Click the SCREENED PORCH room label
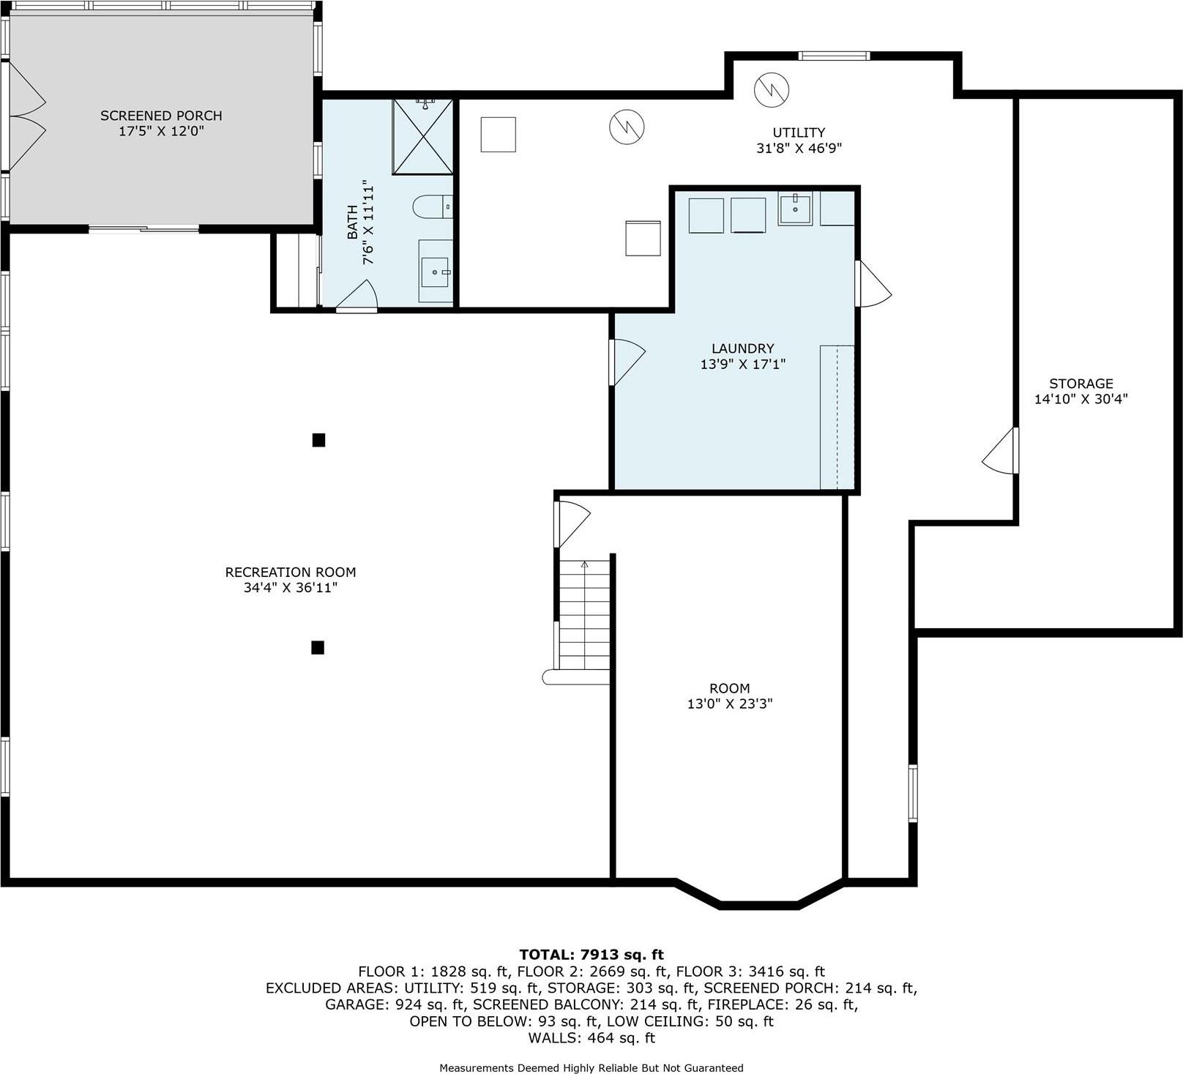click(161, 116)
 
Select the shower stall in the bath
click(423, 137)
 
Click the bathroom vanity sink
click(436, 272)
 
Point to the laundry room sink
click(795, 208)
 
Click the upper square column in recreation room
click(318, 440)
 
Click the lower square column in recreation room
click(318, 647)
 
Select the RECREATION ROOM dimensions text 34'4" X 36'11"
click(291, 588)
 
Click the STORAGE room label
click(1081, 384)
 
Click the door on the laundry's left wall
click(626, 362)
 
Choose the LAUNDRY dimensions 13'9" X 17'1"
click(742, 364)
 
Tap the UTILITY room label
click(799, 133)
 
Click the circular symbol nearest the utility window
click(772, 89)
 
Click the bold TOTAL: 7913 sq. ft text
click(591, 955)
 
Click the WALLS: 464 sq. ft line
click(591, 1037)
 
